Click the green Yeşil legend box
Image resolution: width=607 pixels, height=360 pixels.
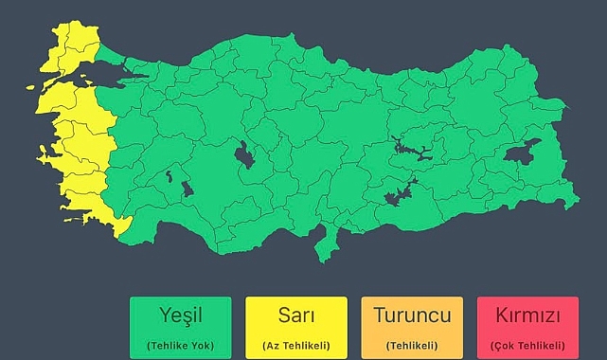coord(180,327)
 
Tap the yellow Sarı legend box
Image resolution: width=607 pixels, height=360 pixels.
coord(296,327)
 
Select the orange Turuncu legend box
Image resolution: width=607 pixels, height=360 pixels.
coord(412,327)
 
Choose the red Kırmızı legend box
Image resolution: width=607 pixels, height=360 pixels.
coord(527,327)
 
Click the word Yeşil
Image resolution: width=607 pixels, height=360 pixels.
coord(180,315)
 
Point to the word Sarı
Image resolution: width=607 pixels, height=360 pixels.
coord(296,315)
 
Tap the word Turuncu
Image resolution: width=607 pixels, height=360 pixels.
coord(412,315)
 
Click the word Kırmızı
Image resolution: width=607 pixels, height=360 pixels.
coord(527,315)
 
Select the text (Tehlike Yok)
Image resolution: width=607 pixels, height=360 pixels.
coord(180,345)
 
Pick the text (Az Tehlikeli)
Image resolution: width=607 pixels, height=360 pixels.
coord(296,345)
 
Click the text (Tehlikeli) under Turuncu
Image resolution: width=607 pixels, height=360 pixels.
coord(412,345)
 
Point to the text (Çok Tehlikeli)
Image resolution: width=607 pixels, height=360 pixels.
coord(527,345)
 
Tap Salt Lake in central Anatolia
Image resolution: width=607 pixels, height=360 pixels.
coord(244,155)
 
